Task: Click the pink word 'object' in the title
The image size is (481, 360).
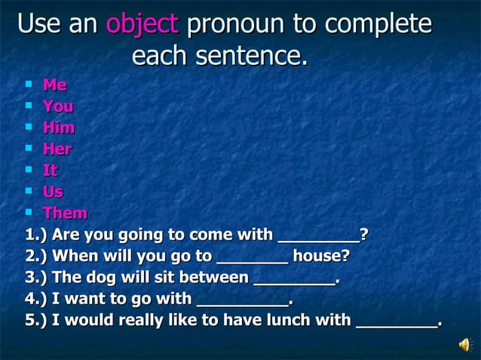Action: pyautogui.click(x=142, y=24)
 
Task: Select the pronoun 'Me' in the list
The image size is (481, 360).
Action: pyautogui.click(x=54, y=85)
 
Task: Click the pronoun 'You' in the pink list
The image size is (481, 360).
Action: pyautogui.click(x=57, y=106)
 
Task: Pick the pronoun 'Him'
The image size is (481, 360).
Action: pyautogui.click(x=59, y=128)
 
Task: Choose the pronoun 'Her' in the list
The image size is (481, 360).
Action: pyautogui.click(x=57, y=149)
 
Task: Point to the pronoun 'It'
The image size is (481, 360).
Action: pyautogui.click(x=50, y=170)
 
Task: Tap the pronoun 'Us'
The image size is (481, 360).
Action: pyautogui.click(x=53, y=191)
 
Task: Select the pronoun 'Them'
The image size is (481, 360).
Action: pyautogui.click(x=65, y=213)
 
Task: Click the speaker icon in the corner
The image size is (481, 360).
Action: pyautogui.click(x=464, y=345)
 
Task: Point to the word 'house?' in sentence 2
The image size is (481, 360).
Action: pyautogui.click(x=321, y=255)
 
